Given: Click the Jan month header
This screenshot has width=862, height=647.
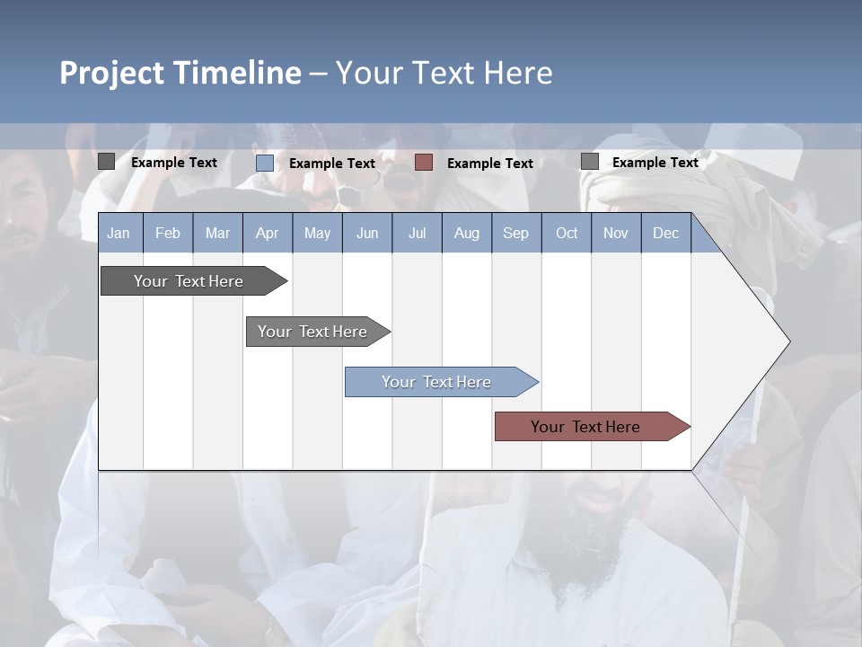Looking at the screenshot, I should point(119,233).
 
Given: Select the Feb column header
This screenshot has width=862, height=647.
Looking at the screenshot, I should point(168,233).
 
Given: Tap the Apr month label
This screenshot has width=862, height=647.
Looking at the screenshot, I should point(267,233).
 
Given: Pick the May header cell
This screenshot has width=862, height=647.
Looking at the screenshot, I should point(317,233).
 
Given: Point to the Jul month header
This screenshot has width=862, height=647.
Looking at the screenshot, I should point(417,233).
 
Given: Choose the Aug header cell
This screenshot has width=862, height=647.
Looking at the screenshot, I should point(466,233).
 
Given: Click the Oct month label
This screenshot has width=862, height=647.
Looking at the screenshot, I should point(567,233).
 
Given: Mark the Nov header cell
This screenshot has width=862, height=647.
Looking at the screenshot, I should point(616,233).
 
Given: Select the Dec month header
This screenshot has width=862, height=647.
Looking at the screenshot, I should point(665,233).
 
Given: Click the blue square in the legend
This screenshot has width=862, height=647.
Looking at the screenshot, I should point(265,163).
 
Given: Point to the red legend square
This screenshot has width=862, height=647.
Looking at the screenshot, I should point(424,163).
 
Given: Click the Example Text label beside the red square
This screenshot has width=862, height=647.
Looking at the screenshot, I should point(490,164).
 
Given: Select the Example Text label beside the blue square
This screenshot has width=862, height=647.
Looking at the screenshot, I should point(332,164).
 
